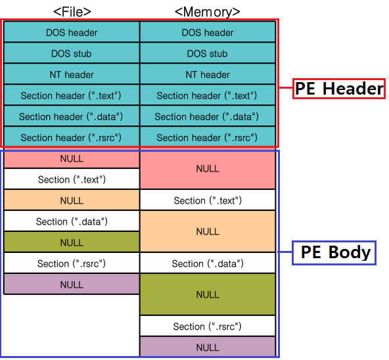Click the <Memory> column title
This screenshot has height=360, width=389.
tap(207, 11)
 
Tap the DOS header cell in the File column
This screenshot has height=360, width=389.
tap(72, 32)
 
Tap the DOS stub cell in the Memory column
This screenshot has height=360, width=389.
tap(207, 53)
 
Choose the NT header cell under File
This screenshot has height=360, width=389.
tap(72, 74)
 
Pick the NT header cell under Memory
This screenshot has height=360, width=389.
tap(207, 74)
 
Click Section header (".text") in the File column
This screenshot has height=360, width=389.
tap(72, 95)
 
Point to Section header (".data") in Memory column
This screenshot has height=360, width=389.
tap(207, 116)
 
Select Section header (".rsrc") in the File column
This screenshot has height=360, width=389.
tap(72, 137)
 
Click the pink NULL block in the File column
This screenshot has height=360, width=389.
tap(72, 158)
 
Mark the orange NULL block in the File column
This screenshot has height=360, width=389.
tap(72, 200)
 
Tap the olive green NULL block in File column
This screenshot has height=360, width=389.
tap(72, 242)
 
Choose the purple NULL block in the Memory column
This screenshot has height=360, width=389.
tap(207, 347)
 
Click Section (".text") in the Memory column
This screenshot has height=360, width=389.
tap(207, 200)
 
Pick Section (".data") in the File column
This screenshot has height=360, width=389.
tap(72, 221)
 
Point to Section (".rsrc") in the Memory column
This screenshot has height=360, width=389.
tap(207, 326)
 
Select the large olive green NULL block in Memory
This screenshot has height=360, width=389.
tap(207, 294)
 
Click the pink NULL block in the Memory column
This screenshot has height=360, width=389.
tap(207, 169)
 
